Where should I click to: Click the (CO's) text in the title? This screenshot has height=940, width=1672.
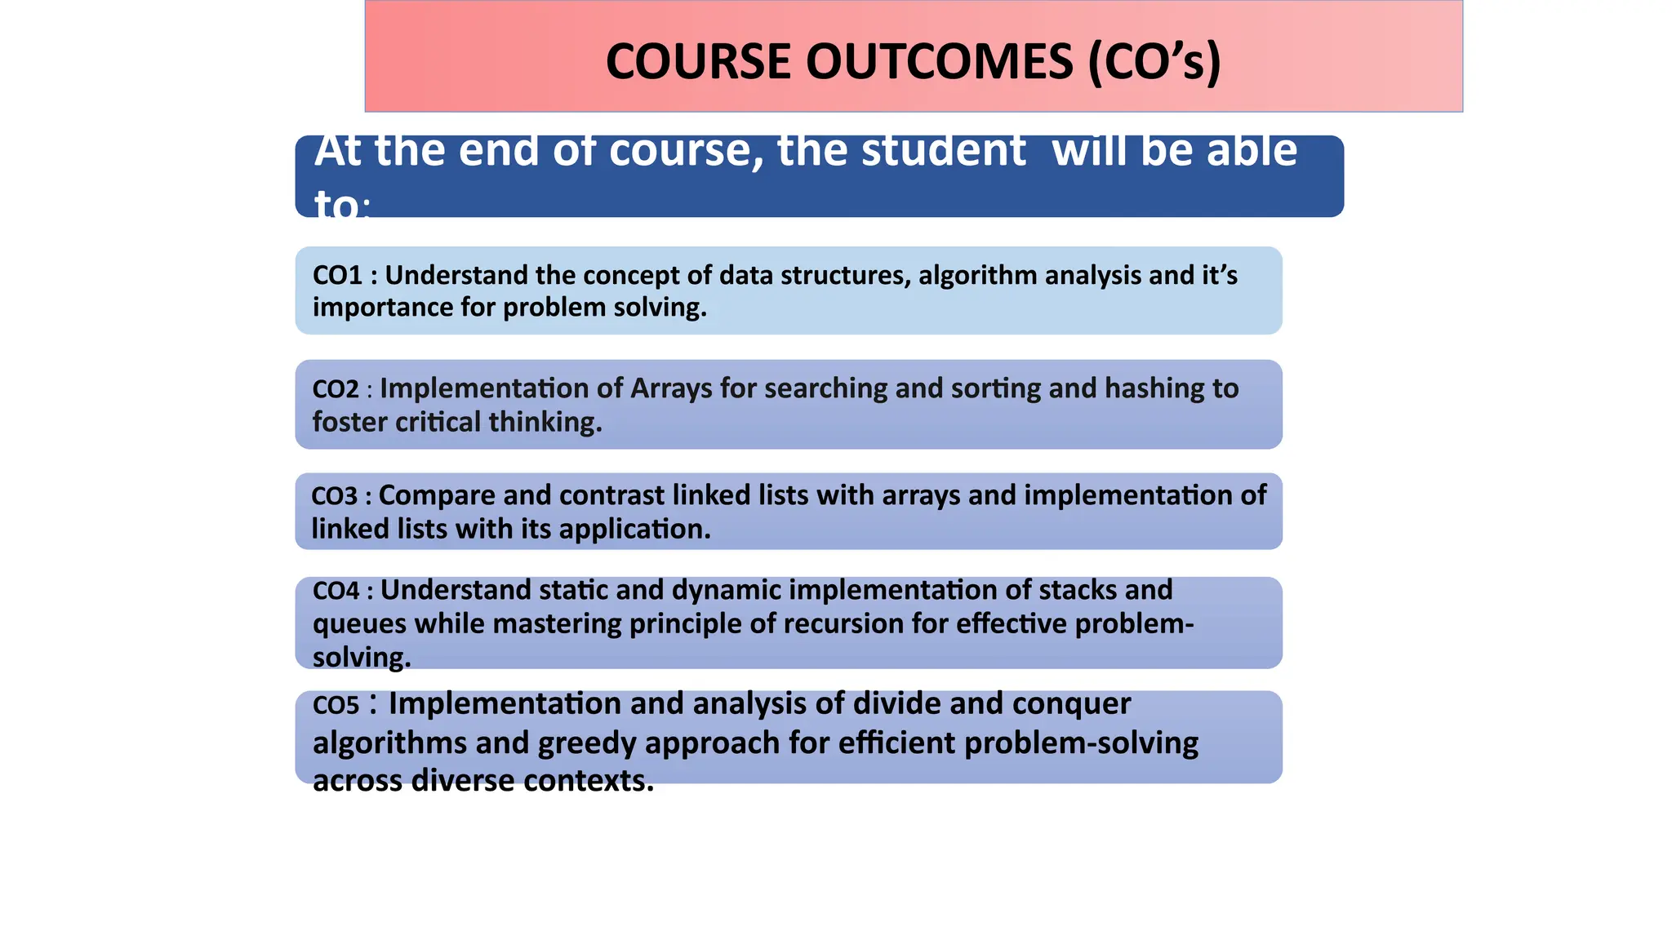point(1154,62)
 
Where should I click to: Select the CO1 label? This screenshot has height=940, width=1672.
point(337,276)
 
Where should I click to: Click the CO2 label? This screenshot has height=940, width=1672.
point(336,389)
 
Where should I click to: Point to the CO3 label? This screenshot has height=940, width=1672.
point(335,496)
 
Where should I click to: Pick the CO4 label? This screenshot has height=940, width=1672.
point(336,591)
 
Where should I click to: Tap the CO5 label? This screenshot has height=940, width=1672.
point(336,705)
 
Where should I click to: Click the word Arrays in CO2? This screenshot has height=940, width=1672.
point(671,388)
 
